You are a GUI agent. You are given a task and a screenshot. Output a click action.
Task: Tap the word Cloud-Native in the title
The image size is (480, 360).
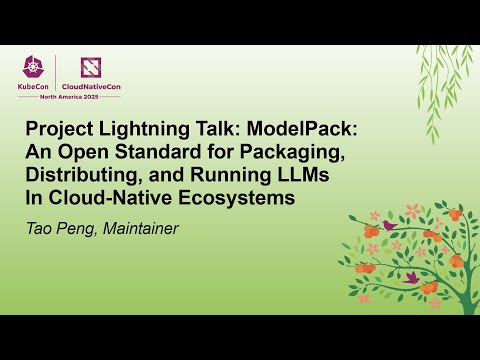pyautogui.click(x=118, y=197)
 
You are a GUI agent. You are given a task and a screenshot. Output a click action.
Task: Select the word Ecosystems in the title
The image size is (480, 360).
pyautogui.click(x=238, y=197)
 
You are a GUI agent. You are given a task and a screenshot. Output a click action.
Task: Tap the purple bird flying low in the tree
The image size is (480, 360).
pyautogui.click(x=411, y=276)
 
